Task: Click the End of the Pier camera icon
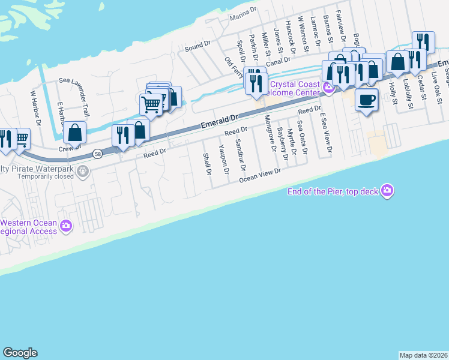tap(387, 191)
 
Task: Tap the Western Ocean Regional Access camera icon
tap(65, 226)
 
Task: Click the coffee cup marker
tap(366, 100)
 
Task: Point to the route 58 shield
tap(98, 154)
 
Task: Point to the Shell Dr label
tap(207, 164)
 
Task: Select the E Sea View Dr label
tap(326, 131)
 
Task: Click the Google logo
tap(20, 353)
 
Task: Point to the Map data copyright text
tap(423, 355)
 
